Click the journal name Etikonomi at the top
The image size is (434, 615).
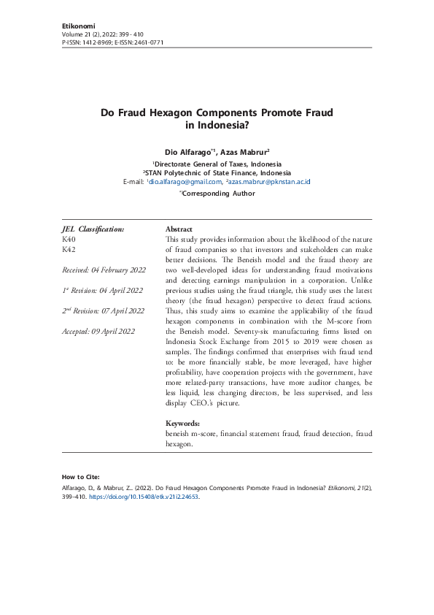point(79,26)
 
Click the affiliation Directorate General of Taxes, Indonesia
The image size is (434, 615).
point(217,164)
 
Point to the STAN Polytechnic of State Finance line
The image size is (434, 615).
point(217,172)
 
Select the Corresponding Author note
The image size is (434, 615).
point(217,194)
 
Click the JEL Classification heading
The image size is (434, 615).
point(93,229)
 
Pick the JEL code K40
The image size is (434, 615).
point(70,239)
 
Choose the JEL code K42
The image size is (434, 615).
point(70,249)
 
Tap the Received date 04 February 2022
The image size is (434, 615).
point(104,270)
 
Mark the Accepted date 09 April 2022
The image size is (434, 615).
point(98,331)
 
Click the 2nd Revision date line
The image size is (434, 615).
point(104,310)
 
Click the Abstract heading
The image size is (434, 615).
point(179,229)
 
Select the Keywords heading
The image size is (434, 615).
point(182,423)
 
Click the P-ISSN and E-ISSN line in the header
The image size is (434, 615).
point(113,42)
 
